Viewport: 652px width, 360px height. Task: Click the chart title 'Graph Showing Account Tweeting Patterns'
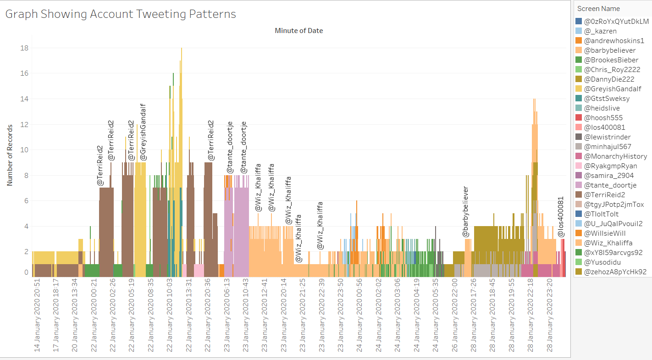(x=121, y=14)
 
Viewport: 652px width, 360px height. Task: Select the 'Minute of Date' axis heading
(x=298, y=31)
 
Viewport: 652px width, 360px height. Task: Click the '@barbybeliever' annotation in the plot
(x=465, y=211)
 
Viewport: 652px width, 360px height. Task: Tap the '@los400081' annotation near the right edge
(x=561, y=217)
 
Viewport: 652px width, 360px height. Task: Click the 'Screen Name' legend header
(x=598, y=9)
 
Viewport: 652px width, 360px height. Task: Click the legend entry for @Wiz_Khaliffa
(x=608, y=243)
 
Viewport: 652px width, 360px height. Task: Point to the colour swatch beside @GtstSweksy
(x=579, y=99)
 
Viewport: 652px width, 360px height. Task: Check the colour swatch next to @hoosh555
(x=579, y=118)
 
